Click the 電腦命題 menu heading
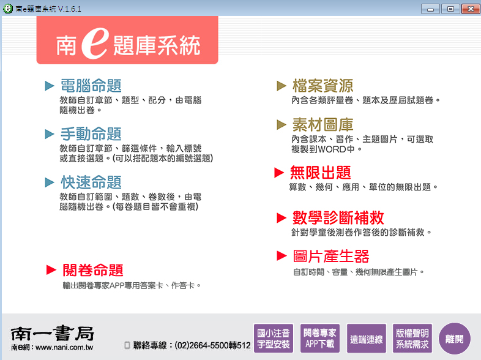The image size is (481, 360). [x=91, y=86]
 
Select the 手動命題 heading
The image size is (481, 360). [x=91, y=134]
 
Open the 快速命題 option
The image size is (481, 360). [x=91, y=182]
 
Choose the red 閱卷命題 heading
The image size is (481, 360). [x=93, y=271]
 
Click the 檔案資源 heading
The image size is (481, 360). [x=323, y=86]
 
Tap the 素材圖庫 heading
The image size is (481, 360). [x=323, y=125]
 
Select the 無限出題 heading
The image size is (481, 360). [x=320, y=173]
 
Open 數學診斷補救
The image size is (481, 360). [x=338, y=217]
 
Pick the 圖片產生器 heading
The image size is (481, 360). [x=331, y=257]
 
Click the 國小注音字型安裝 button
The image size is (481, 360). [x=274, y=339]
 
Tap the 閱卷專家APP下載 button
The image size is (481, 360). [x=320, y=339]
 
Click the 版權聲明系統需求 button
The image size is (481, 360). [x=412, y=339]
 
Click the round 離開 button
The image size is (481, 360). [x=455, y=339]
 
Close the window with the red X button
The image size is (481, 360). [x=470, y=9]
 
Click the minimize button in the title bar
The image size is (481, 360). [x=430, y=9]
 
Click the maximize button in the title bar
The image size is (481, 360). [x=450, y=9]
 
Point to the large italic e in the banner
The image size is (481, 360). [x=95, y=43]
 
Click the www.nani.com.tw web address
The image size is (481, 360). [x=64, y=347]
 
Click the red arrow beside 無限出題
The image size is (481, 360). [x=279, y=173]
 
